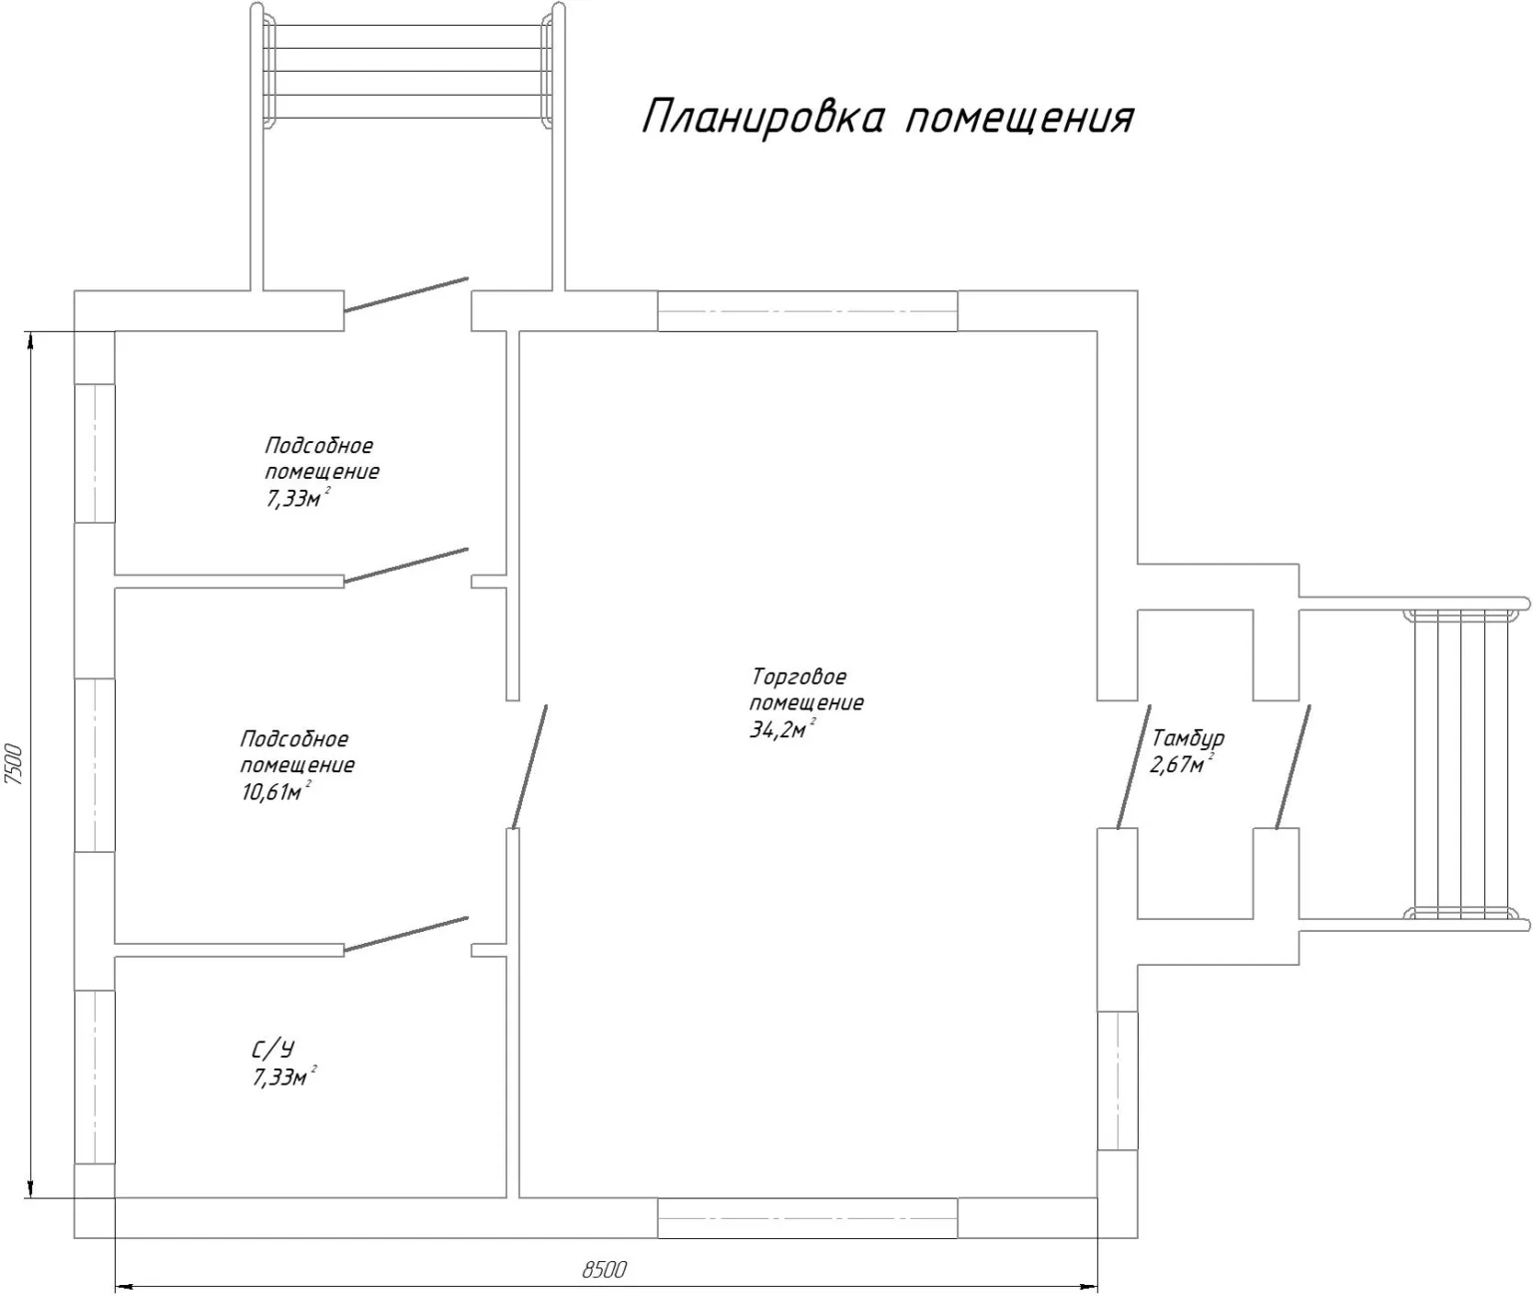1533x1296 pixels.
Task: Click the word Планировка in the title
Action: click(x=764, y=117)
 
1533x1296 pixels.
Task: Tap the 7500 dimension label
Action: click(x=16, y=763)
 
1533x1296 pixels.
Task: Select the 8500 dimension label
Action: click(x=605, y=1269)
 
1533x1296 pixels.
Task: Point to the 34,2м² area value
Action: click(x=782, y=729)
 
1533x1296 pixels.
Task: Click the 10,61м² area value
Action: click(x=275, y=792)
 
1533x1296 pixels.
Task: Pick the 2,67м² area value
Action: click(x=1182, y=763)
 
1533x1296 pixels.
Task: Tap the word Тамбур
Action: click(x=1188, y=737)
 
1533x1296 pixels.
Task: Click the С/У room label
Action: click(x=273, y=1049)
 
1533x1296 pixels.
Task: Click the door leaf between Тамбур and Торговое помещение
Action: click(x=1134, y=766)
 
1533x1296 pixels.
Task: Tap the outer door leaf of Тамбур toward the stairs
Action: click(x=1292, y=766)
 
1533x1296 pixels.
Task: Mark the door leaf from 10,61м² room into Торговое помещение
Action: click(x=529, y=766)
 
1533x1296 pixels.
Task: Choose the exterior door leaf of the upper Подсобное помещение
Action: click(x=405, y=294)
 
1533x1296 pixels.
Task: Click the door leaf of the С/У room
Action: click(x=405, y=934)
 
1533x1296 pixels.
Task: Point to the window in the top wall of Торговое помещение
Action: click(x=807, y=310)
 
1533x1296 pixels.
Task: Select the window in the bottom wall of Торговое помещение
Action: click(x=807, y=1217)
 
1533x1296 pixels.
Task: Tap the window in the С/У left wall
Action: click(x=94, y=1077)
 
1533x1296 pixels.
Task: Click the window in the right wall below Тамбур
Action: click(x=1118, y=1080)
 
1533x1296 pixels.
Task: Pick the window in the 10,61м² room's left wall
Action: click(x=94, y=764)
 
